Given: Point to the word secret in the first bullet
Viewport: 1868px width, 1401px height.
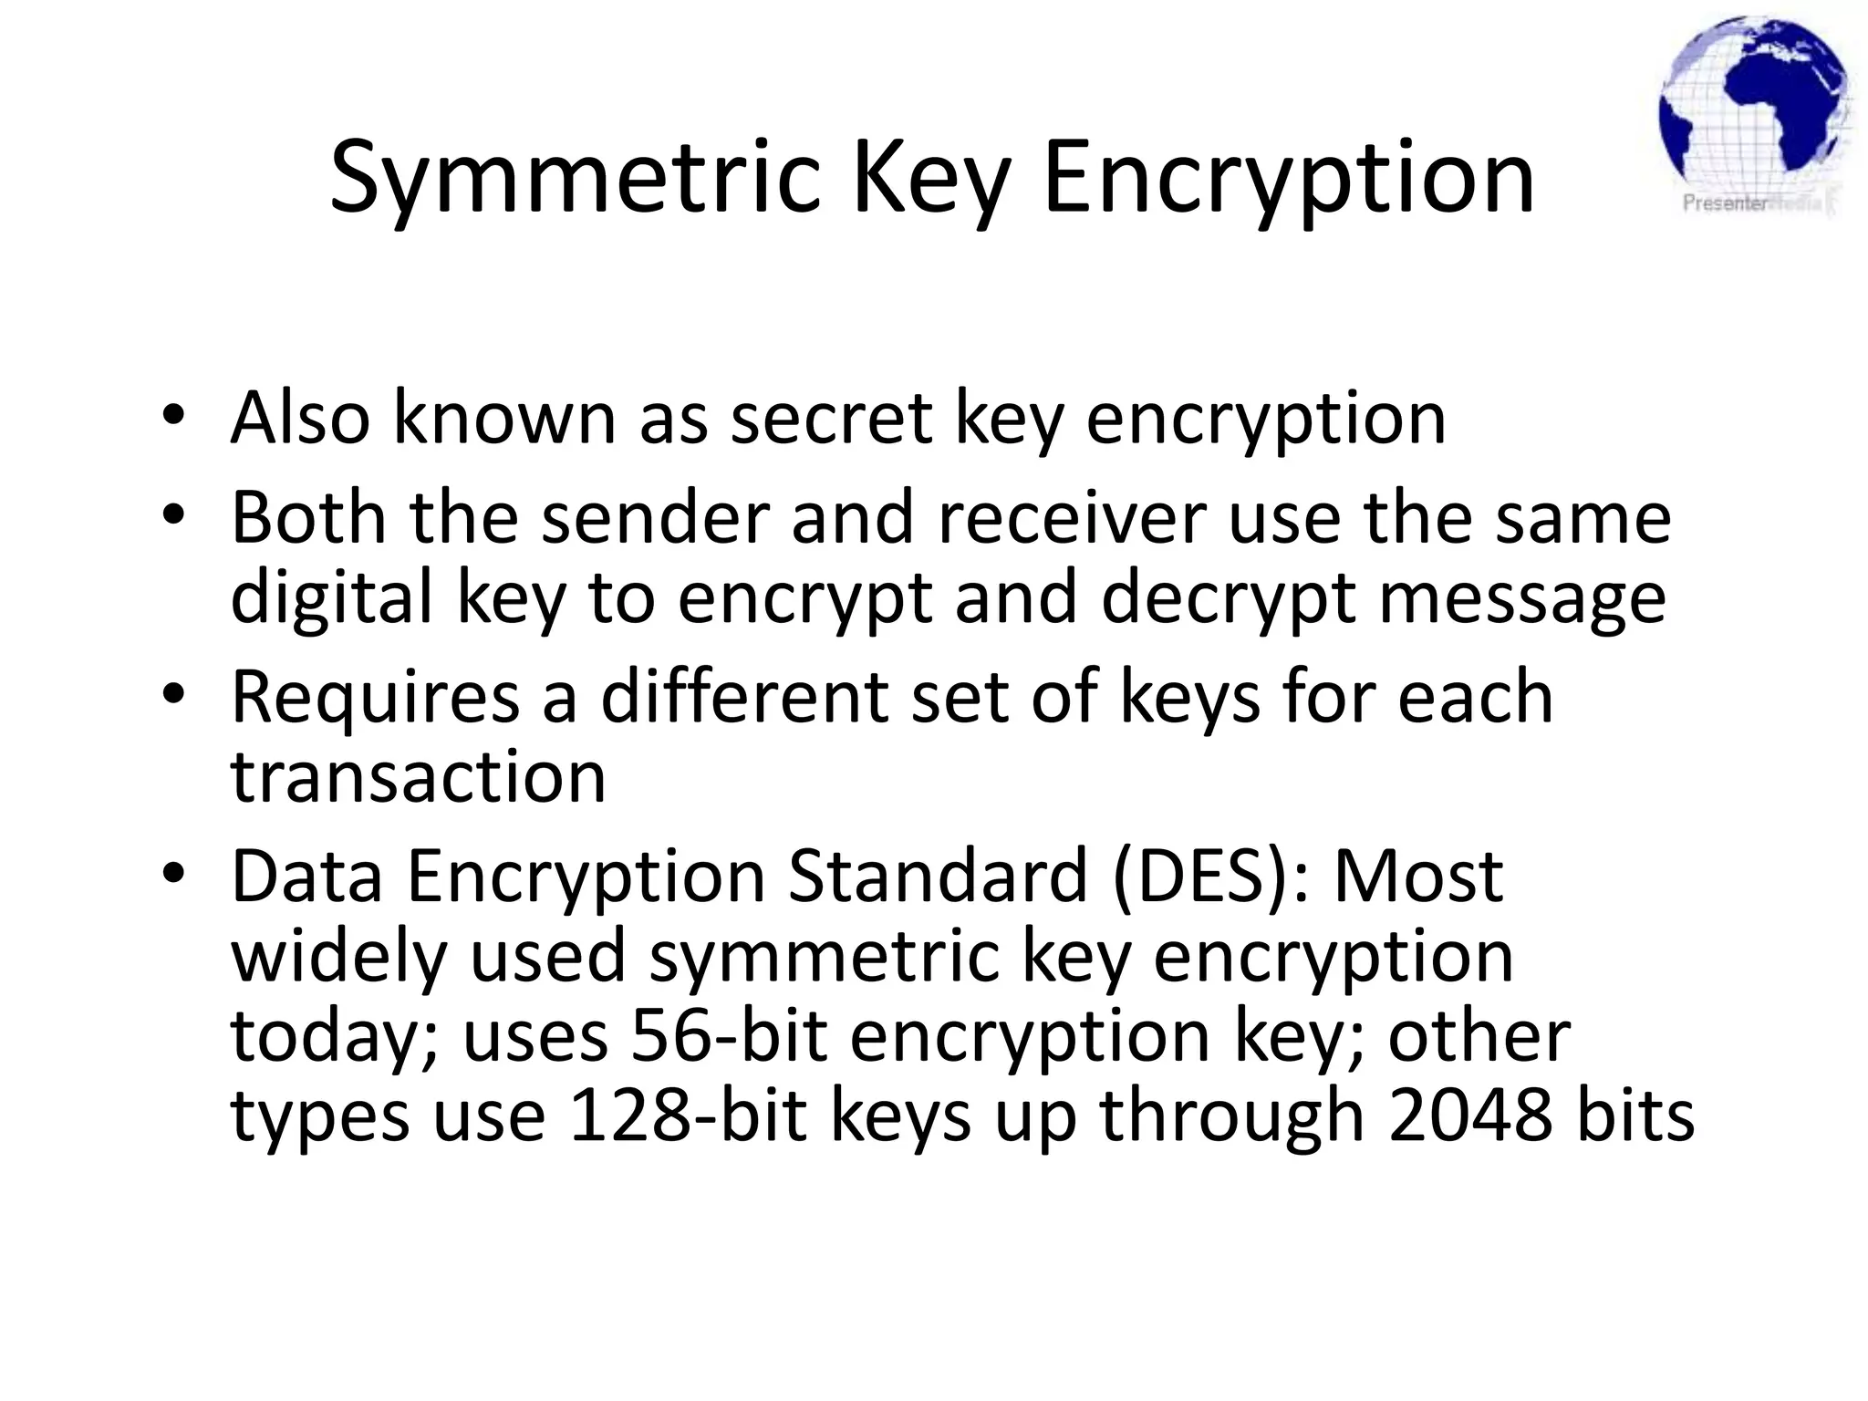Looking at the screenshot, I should click(x=831, y=419).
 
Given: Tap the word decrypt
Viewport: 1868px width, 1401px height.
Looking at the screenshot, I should click(x=1228, y=600).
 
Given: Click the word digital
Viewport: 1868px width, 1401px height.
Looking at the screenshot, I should click(x=331, y=600).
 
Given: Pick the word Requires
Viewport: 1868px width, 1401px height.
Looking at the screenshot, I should click(x=375, y=699).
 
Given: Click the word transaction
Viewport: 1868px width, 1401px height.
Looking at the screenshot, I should click(x=418, y=778).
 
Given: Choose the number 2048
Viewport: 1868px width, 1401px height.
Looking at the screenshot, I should click(x=1469, y=1116).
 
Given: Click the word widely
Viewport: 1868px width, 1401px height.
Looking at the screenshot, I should click(x=337, y=957).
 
